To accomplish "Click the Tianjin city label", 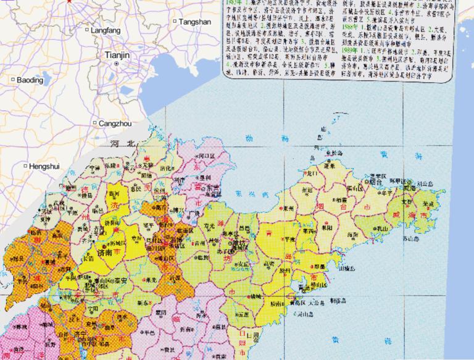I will pos(117,55).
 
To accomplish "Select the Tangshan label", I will pos(196,22).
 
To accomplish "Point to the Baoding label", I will pos(30,80).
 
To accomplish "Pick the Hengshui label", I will pos(45,165).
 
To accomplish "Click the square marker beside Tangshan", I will pos(175,22).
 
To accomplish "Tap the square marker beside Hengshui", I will pos(25,165).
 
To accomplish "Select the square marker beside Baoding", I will pos(12,80).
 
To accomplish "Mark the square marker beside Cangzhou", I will pos(94,123).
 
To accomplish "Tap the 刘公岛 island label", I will pos(423,183).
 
